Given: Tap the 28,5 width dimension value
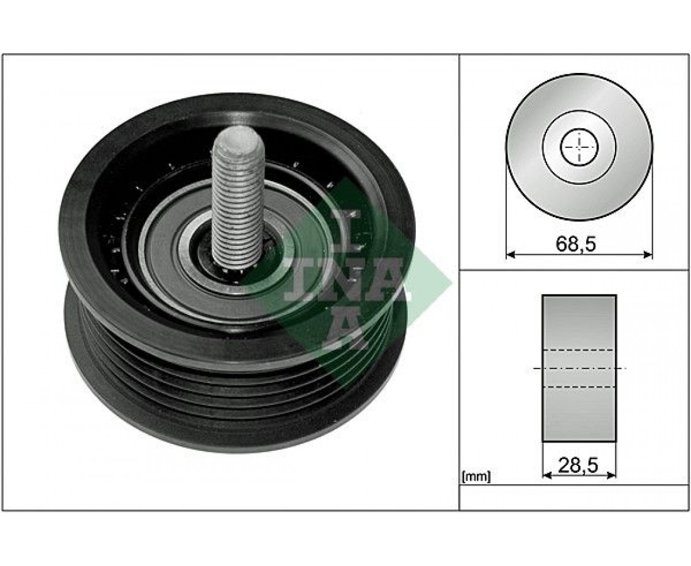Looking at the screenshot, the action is [578, 465].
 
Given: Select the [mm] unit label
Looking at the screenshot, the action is [476, 477].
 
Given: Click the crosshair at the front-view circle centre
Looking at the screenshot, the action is [579, 147].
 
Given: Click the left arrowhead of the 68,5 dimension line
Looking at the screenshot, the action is [510, 254].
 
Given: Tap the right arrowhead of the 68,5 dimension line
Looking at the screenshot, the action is [648, 254].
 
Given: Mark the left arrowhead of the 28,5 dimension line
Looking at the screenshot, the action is [547, 475].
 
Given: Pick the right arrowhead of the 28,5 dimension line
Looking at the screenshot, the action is [611, 475].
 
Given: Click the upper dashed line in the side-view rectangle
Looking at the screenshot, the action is [579, 350].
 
